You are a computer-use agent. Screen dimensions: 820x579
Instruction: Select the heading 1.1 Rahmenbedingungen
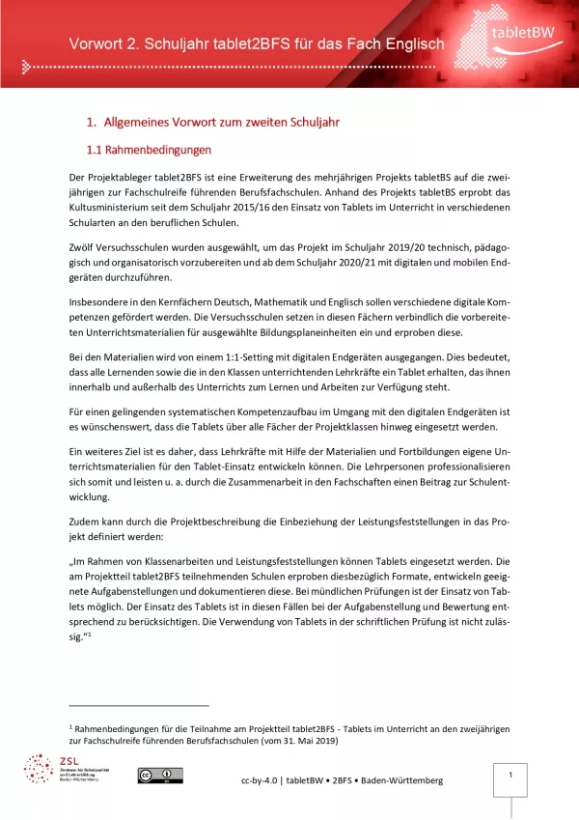pyautogui.click(x=149, y=150)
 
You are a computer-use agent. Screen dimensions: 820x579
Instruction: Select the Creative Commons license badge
pyautogui.click(x=159, y=775)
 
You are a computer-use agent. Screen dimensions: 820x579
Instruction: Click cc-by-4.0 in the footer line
pyautogui.click(x=260, y=779)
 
